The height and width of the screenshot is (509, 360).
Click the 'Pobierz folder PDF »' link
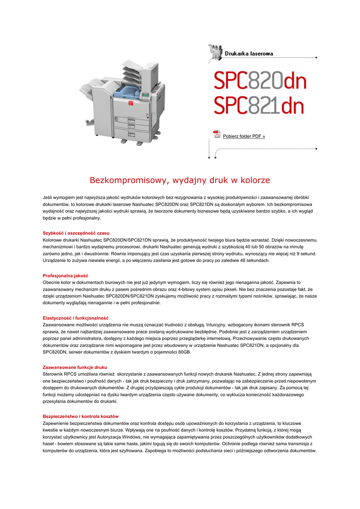click(244, 136)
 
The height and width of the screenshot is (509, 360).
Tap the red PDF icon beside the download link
click(216, 134)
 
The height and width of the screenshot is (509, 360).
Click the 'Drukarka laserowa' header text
click(249, 53)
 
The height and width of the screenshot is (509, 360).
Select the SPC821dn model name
click(259, 106)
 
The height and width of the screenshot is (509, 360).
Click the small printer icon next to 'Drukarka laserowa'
click(215, 51)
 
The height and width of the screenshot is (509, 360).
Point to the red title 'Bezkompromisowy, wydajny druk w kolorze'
click(180, 179)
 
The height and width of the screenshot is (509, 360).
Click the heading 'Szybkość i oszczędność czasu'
click(76, 233)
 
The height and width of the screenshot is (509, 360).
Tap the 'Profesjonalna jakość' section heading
click(65, 275)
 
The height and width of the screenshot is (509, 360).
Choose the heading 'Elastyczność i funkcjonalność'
click(76, 318)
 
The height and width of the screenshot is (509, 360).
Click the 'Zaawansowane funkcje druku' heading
click(75, 367)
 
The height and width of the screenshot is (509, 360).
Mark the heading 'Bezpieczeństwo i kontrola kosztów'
click(81, 416)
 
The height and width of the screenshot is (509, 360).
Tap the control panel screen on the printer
click(145, 94)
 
